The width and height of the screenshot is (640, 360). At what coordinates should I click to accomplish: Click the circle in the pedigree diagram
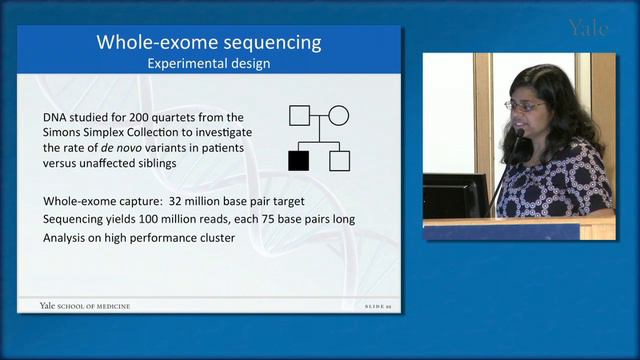click(339, 115)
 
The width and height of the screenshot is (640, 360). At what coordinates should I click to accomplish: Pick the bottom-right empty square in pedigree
click(339, 159)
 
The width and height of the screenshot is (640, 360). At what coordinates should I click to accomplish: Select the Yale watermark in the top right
click(588, 27)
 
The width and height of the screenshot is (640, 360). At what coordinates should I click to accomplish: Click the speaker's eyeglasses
click(527, 104)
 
